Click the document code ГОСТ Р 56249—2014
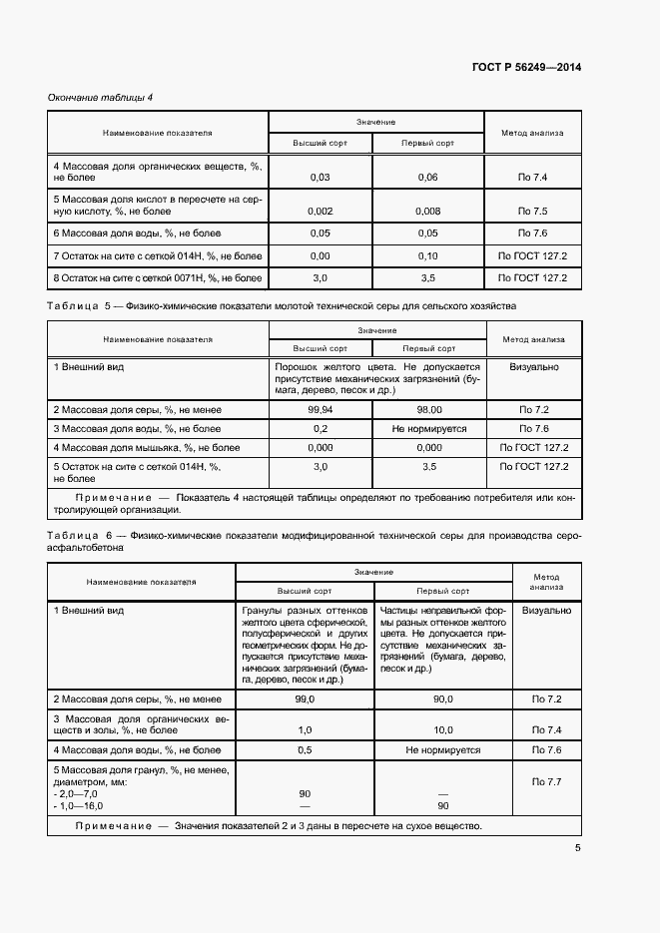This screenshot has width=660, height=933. (525, 68)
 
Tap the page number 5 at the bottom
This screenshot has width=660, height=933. (577, 848)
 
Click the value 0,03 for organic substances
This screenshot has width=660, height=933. (321, 178)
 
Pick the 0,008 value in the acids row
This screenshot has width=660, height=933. (427, 212)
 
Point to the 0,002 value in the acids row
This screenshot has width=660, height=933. (321, 212)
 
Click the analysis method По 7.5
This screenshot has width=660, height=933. (533, 212)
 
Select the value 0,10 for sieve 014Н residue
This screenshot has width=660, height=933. (427, 256)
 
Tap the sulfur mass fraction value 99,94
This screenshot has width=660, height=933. (321, 409)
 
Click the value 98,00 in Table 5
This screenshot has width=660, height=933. (427, 409)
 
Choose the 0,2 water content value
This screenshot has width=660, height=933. (321, 428)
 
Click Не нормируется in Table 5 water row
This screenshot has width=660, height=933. (427, 428)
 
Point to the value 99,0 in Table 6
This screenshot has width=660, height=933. (305, 700)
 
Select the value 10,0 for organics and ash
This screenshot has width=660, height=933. (442, 729)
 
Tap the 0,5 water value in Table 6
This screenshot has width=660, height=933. (305, 749)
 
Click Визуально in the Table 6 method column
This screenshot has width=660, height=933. (547, 609)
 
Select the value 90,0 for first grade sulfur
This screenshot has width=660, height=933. (442, 700)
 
